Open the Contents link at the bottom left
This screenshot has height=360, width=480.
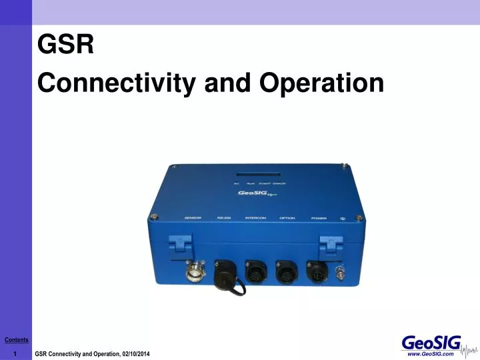16,340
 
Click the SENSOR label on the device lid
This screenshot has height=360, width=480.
193,218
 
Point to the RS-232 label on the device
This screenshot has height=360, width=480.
223,218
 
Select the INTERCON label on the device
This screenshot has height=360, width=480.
255,218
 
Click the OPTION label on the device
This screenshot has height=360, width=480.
287,218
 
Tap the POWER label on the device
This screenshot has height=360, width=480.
319,218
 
